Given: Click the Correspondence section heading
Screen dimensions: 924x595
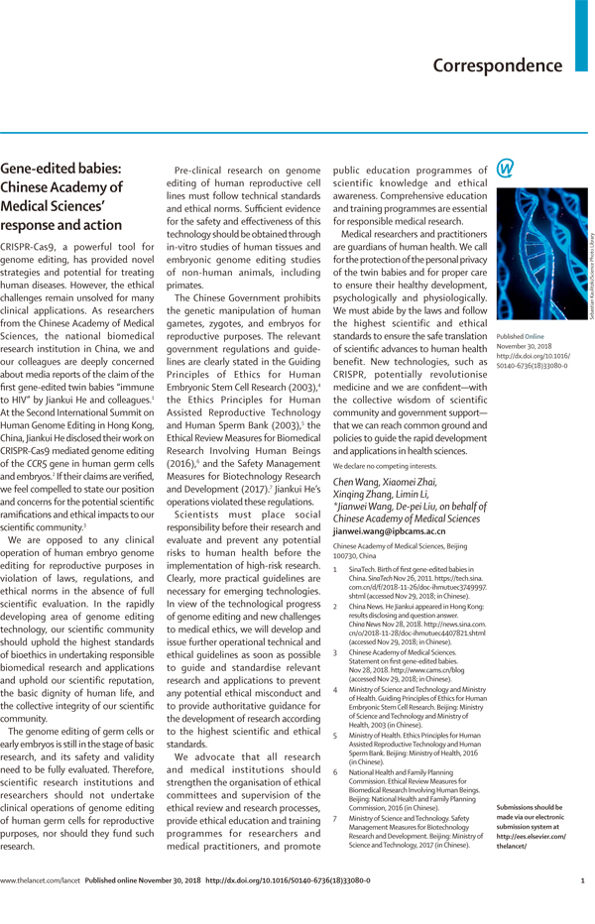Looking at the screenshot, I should (497, 66).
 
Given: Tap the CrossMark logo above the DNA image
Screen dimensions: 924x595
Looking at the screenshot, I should (506, 169).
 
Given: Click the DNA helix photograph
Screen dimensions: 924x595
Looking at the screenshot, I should (536, 252).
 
